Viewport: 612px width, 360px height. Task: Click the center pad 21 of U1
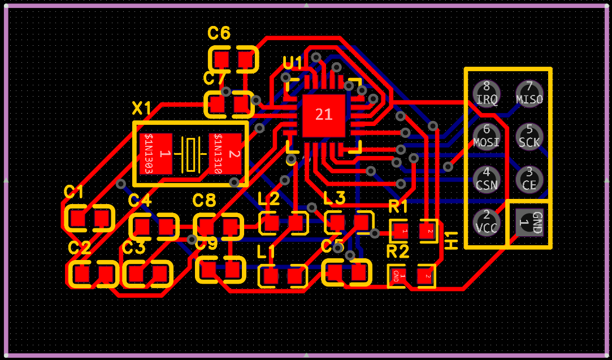tap(323, 115)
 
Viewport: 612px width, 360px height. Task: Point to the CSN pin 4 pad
tap(487, 178)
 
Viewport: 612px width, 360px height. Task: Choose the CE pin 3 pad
tap(529, 178)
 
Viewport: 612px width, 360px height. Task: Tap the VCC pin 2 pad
tap(487, 221)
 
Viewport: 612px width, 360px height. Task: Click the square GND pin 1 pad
tap(529, 221)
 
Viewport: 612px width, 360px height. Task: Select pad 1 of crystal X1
tap(157, 154)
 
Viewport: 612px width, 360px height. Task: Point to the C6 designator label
tap(219, 34)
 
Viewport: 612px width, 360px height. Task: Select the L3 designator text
tap(334, 198)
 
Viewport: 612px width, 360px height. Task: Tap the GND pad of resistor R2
tap(396, 276)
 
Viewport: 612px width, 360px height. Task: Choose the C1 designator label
tap(73, 192)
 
